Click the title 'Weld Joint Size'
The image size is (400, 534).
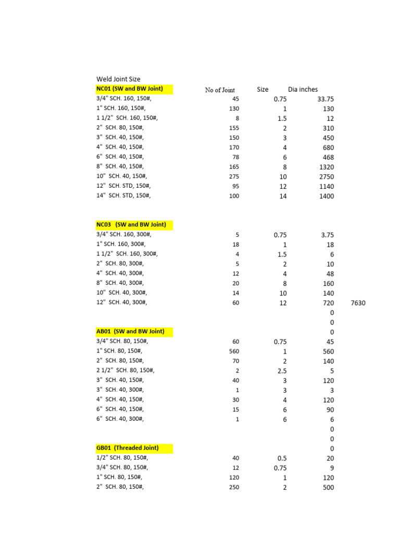click(x=118, y=79)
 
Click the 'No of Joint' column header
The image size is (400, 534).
click(x=220, y=90)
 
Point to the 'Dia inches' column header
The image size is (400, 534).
click(x=303, y=90)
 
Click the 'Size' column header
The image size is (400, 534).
click(x=262, y=90)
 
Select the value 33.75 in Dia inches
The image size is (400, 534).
click(x=326, y=99)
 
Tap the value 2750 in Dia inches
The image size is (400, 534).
click(x=325, y=177)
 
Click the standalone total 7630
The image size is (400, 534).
click(x=358, y=303)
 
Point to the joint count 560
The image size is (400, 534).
click(x=234, y=351)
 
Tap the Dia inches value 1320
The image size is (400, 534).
click(x=325, y=167)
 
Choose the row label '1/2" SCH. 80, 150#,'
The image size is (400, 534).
click(x=122, y=458)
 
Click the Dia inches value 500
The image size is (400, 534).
click(x=328, y=488)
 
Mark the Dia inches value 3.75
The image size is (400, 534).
click(x=327, y=235)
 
